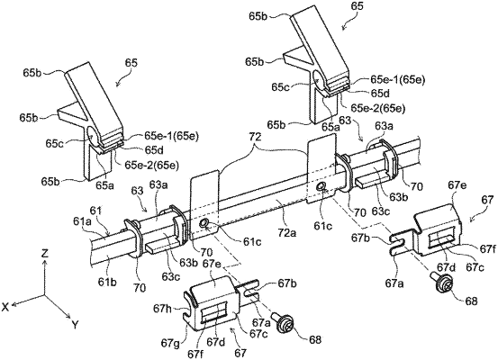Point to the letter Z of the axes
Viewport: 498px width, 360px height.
pos(45,253)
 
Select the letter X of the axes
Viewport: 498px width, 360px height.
pos(5,306)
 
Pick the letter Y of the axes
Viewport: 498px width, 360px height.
pos(75,324)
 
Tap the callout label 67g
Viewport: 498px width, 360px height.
pos(171,343)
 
